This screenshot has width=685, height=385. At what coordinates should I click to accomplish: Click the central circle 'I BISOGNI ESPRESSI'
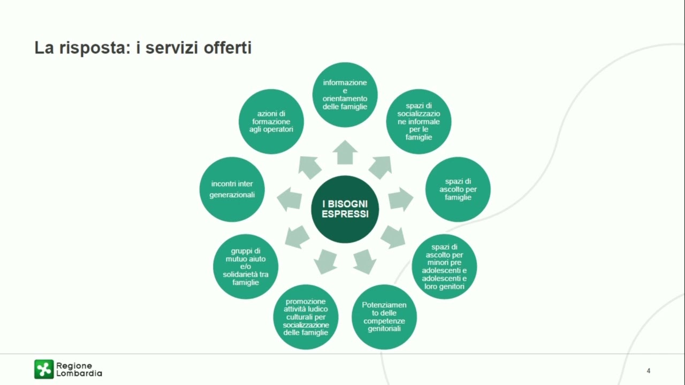point(345,209)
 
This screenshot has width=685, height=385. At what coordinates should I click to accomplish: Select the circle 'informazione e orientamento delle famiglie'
point(345,95)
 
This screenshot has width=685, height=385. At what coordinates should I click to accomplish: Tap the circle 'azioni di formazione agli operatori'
point(271,121)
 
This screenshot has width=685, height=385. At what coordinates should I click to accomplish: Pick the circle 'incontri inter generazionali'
point(232,189)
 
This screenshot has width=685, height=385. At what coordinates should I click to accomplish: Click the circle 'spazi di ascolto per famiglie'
point(458,189)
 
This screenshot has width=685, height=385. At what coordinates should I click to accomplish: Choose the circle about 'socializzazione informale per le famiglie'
point(418,121)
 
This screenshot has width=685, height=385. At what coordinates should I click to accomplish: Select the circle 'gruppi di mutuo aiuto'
point(246,266)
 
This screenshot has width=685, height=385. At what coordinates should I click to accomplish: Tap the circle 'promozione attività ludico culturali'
point(306,317)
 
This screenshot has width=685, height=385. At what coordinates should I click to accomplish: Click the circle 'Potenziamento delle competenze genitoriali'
point(384,317)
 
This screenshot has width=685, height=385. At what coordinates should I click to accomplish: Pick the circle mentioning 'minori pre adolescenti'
point(444,266)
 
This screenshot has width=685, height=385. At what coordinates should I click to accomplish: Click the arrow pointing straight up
point(345,153)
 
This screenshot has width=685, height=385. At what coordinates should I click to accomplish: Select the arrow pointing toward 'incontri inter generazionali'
point(289,199)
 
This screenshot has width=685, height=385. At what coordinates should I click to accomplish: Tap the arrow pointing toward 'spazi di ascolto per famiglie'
point(401,199)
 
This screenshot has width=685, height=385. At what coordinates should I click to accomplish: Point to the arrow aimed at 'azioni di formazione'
point(309,167)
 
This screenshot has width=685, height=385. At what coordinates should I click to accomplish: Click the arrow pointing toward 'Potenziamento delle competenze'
point(365,262)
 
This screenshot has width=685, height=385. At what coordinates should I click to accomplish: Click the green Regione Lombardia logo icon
point(44,369)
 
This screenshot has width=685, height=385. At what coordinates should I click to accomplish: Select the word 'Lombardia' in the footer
point(79,373)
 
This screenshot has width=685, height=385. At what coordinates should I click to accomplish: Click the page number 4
point(648,371)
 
